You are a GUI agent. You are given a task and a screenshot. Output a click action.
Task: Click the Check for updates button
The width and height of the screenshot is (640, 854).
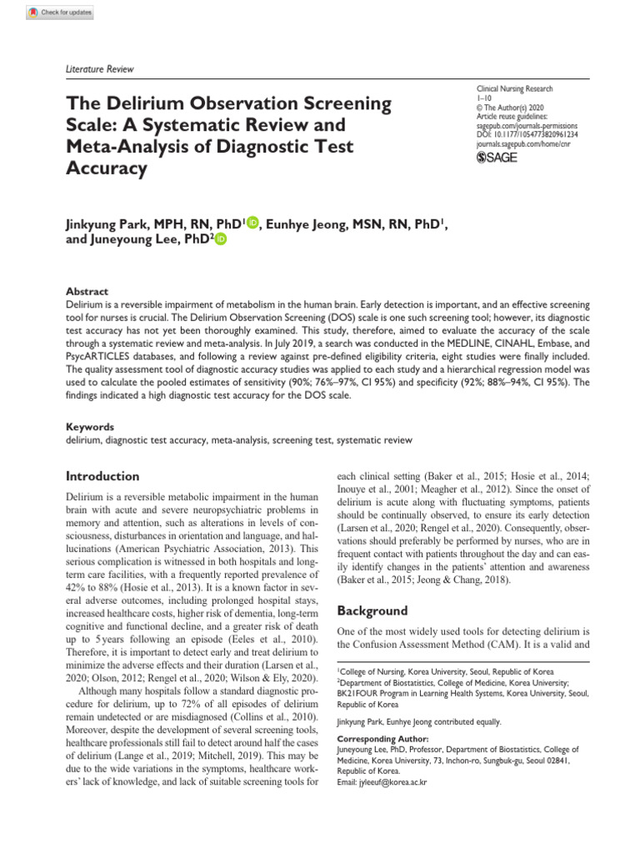click(x=60, y=13)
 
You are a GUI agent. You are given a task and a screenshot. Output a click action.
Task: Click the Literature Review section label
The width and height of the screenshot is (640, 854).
click(x=99, y=69)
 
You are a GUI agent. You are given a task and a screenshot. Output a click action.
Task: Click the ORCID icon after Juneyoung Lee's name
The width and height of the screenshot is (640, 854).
click(x=221, y=239)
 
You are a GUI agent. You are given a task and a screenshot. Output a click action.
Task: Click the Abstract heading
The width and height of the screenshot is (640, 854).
click(x=87, y=291)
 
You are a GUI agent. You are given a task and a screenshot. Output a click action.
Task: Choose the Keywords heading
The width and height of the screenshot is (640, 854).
click(x=89, y=426)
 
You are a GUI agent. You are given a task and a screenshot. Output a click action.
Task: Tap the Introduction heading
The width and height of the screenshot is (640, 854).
click(x=102, y=476)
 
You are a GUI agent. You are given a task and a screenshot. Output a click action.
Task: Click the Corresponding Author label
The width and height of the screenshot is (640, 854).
click(x=382, y=738)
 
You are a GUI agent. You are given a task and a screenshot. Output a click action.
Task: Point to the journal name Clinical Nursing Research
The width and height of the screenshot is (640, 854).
click(x=514, y=88)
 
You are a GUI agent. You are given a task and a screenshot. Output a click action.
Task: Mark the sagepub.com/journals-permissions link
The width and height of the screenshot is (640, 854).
click(x=529, y=124)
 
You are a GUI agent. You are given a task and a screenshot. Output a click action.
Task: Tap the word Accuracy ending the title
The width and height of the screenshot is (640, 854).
click(x=106, y=168)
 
